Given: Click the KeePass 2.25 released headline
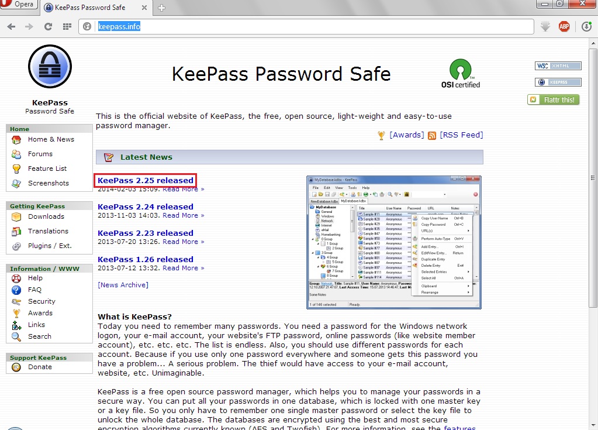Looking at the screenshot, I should pos(145,181).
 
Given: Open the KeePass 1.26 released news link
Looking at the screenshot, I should pos(145,259).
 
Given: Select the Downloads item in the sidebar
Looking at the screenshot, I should pos(46,216).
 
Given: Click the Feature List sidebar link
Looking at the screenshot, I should pos(47,168).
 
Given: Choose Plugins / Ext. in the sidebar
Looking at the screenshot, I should pos(50,246).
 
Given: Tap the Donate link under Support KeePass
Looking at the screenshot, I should pos(40,367).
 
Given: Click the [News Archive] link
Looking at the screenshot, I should pos(123,285).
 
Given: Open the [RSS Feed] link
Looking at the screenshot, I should pos(461,135).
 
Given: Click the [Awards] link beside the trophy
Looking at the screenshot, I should pos(406,135).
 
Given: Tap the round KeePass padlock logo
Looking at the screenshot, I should pos(50,66).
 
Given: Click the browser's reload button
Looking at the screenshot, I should pos(49,26).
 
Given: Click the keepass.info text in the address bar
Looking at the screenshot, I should pos(119,26).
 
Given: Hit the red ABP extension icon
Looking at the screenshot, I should pos(564,26).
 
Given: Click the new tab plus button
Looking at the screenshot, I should pos(162,8).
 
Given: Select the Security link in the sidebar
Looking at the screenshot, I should pos(42,301).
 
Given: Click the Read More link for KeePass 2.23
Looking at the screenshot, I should pos(183,242).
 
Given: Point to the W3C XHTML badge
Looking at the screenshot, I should pos(558,66).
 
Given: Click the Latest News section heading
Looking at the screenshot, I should pos(146,157).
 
